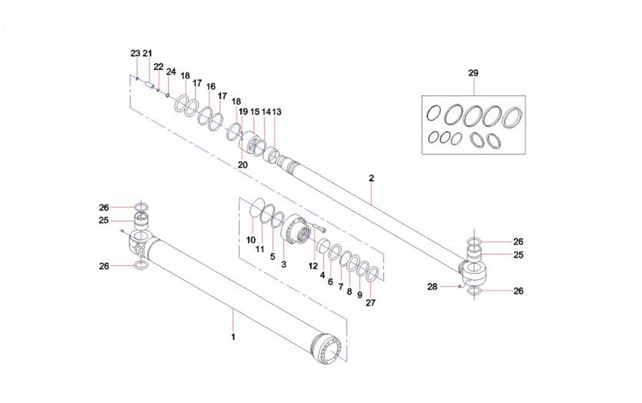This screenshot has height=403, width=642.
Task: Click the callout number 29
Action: tap(473, 73)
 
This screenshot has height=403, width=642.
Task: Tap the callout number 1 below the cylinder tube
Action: tap(233, 337)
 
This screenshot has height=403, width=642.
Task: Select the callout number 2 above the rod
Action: tap(371, 178)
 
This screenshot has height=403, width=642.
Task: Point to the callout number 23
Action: tap(135, 54)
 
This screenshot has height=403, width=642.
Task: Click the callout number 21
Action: tap(148, 54)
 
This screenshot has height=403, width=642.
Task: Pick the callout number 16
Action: tap(211, 86)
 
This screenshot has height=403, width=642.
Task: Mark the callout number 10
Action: tap(251, 239)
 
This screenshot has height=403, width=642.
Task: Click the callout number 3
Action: tap(283, 264)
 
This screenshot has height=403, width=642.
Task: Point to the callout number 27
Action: tap(370, 303)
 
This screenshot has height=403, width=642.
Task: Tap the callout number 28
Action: tap(432, 286)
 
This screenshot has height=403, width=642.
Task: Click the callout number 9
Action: tap(359, 295)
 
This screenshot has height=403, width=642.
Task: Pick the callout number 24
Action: tap(171, 71)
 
